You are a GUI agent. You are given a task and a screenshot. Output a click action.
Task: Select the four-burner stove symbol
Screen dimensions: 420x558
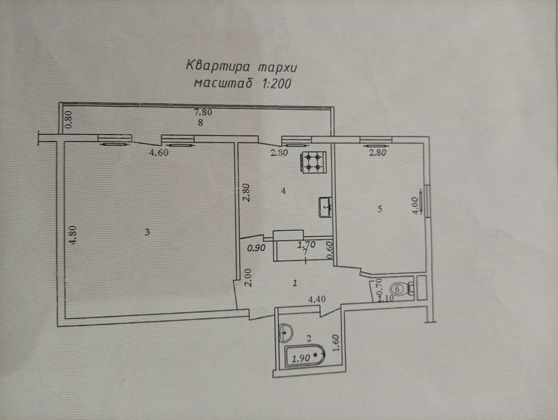312,160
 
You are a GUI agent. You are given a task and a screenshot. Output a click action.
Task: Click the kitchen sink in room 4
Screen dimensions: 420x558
326,207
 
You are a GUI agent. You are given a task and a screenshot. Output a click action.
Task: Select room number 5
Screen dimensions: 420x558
379,208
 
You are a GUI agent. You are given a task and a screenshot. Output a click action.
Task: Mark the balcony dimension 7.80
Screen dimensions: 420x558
203,112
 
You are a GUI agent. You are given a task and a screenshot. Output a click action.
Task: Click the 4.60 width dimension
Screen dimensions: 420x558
159,153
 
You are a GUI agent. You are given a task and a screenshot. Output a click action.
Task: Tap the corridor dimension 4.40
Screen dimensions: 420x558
318,298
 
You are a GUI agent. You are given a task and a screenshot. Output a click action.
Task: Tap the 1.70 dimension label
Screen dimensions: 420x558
308,245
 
